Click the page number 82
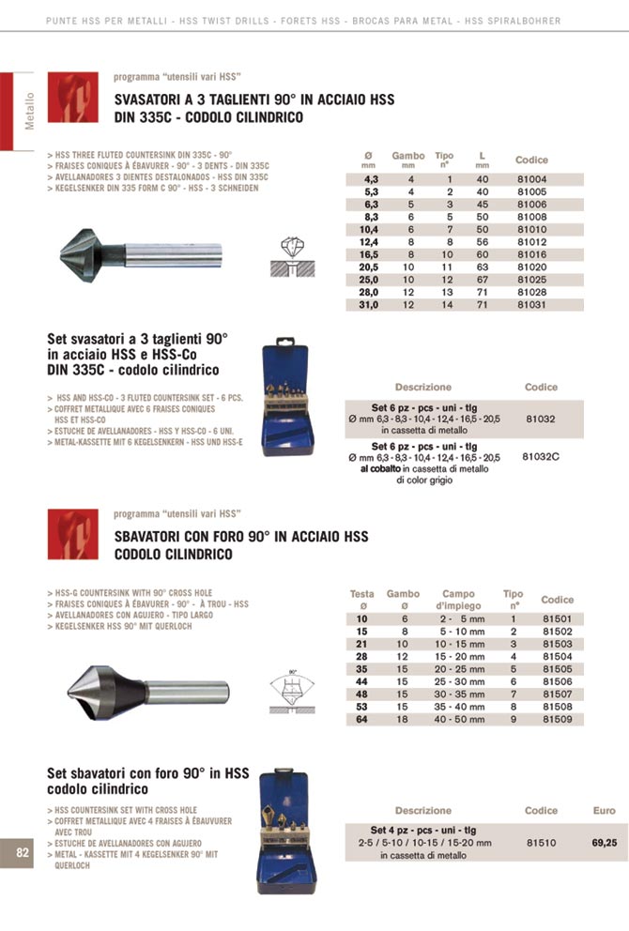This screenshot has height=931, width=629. [23, 852]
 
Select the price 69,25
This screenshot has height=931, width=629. [604, 843]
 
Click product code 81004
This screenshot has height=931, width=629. [530, 178]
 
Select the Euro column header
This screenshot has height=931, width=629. [604, 810]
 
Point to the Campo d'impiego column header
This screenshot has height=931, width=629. [457, 600]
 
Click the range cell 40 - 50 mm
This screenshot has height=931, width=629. [458, 720]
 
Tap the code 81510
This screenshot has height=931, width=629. [541, 843]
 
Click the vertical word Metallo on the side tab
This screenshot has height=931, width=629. [29, 111]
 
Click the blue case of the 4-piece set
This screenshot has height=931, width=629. [288, 831]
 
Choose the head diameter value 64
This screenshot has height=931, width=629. [361, 720]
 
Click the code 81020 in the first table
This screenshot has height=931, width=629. [530, 266]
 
